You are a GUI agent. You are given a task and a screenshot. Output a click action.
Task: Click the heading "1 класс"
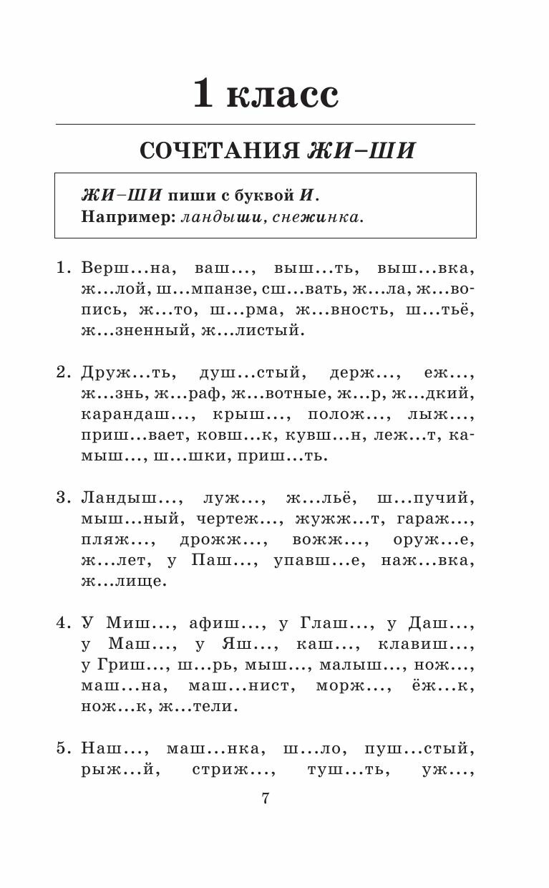tap(266, 94)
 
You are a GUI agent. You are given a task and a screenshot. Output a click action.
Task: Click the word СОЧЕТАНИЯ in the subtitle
tap(220, 151)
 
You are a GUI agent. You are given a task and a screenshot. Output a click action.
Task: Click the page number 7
tap(266, 798)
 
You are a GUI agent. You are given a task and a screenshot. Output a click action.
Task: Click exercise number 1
tap(63, 269)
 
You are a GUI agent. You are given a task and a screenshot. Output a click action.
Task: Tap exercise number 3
tap(63, 498)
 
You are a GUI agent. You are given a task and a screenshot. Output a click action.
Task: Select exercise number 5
tap(63, 749)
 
